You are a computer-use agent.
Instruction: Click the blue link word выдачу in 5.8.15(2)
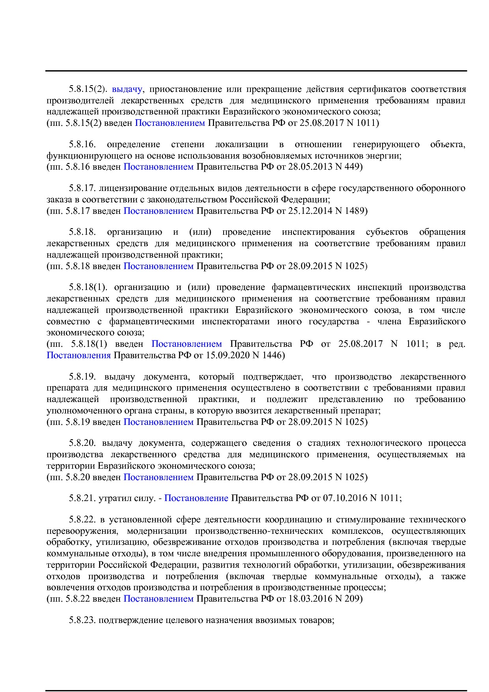coord(127,89)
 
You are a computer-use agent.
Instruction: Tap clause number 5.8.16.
coord(82,144)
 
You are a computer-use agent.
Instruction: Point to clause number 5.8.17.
coord(82,188)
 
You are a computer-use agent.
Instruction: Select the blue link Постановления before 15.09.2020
coord(78,355)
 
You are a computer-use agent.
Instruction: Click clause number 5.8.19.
coord(82,377)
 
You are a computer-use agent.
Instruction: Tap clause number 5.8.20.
coord(82,443)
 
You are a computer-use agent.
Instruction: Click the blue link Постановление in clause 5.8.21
coord(196,498)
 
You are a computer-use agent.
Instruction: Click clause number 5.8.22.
coord(82,520)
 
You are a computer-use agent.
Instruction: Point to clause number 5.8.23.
coord(82,620)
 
